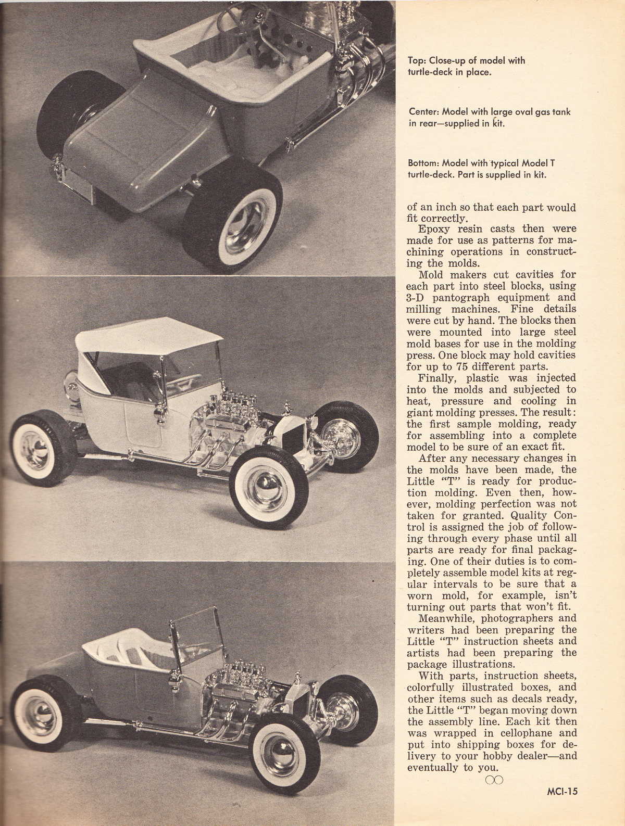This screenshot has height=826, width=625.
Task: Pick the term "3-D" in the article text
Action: click(x=416, y=298)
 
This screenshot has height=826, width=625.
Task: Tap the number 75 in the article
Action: click(x=456, y=366)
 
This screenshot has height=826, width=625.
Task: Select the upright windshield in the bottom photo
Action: click(x=197, y=642)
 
